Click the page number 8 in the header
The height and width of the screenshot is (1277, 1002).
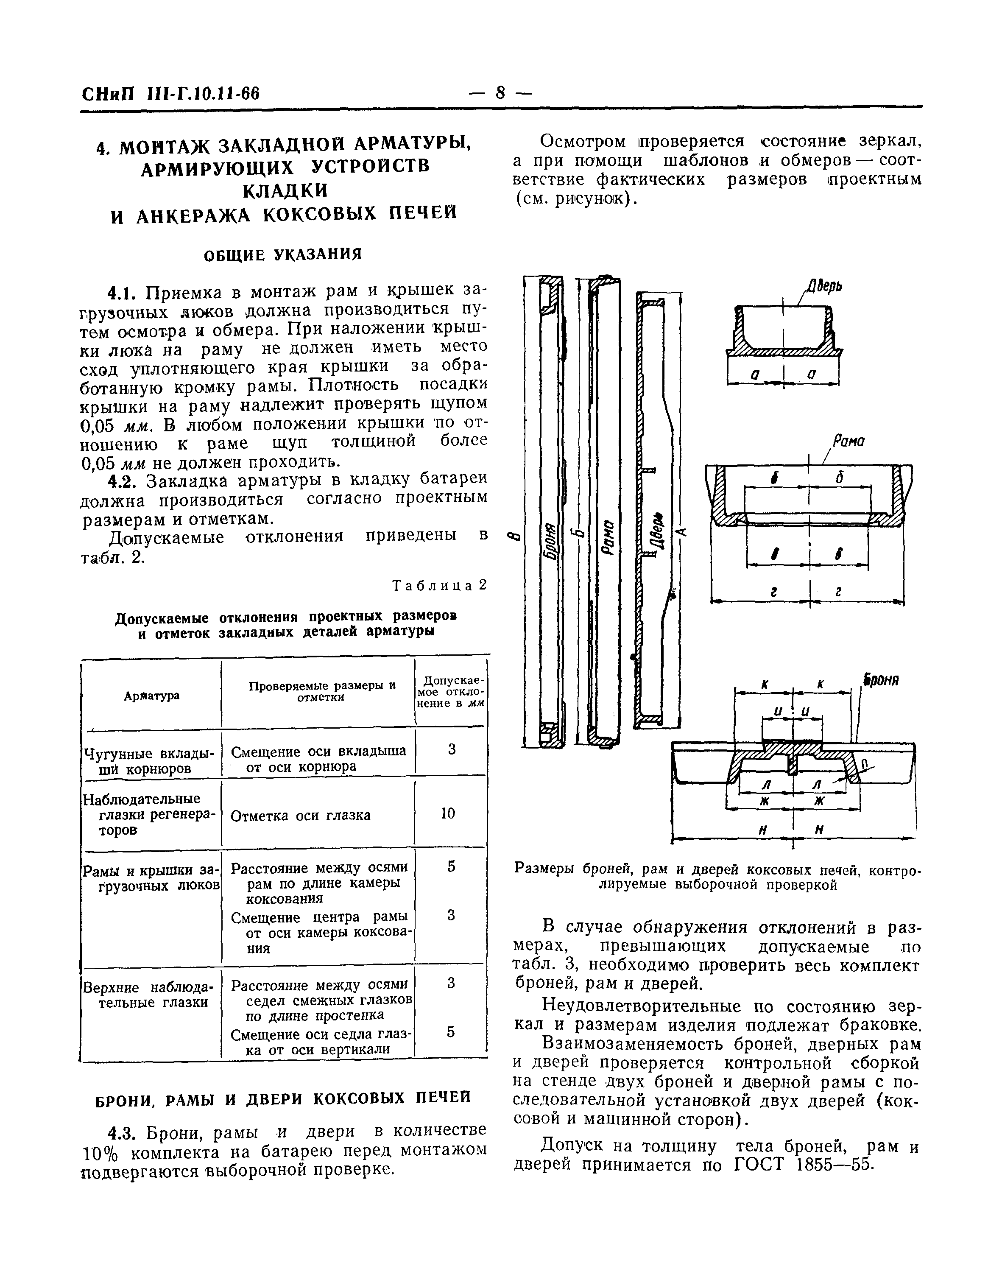pyautogui.click(x=500, y=93)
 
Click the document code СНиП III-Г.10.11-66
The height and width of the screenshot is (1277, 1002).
pyautogui.click(x=170, y=94)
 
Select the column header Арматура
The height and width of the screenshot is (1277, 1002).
pyautogui.click(x=151, y=696)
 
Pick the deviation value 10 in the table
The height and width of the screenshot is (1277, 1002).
pyautogui.click(x=448, y=813)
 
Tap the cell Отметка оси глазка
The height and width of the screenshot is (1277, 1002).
pyautogui.click(x=300, y=816)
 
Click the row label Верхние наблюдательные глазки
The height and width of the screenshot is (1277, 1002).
pyautogui.click(x=150, y=995)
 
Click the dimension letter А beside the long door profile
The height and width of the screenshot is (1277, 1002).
pyautogui.click(x=681, y=531)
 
